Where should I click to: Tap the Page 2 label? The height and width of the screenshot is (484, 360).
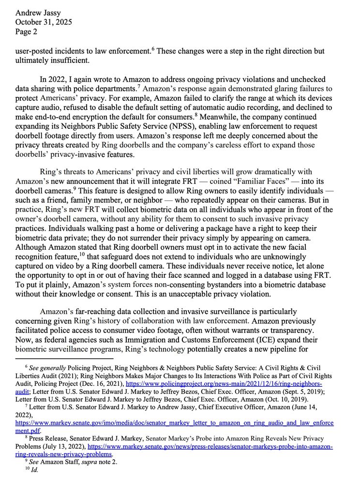[26, 31]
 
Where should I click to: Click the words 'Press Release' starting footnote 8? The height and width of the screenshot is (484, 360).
[48, 439]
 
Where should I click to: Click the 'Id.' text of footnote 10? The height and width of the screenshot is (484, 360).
[34, 470]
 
